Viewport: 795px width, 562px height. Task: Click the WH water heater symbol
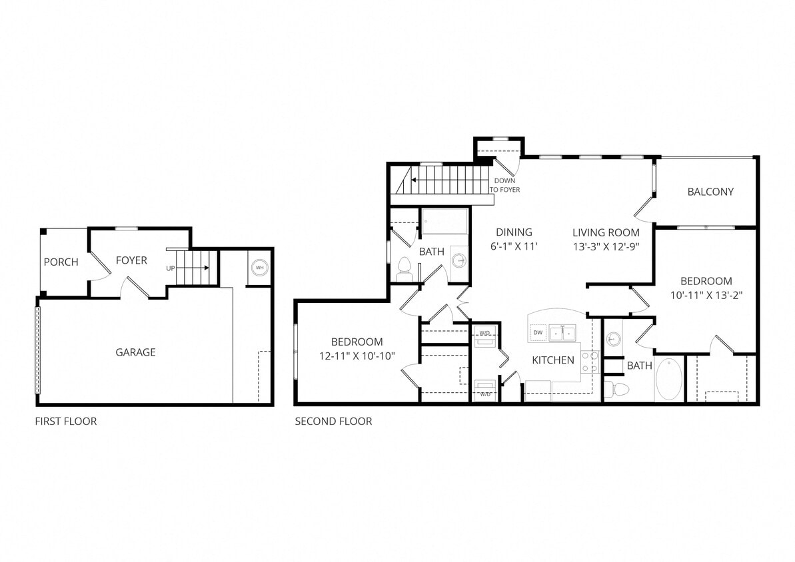click(x=259, y=268)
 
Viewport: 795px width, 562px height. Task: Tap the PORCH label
click(x=61, y=262)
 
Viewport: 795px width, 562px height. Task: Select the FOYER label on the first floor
click(x=131, y=260)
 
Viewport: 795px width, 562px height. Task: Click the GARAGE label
click(x=135, y=352)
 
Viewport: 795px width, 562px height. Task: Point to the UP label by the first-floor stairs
click(x=171, y=268)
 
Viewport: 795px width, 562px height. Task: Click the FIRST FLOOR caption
click(x=65, y=422)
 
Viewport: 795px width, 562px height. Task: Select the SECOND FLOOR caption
click(x=333, y=422)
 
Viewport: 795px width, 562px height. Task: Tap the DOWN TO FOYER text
click(x=504, y=185)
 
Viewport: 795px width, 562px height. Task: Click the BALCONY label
click(x=710, y=192)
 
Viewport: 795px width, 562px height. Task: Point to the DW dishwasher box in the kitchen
click(x=538, y=332)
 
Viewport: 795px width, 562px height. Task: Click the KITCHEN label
click(x=552, y=360)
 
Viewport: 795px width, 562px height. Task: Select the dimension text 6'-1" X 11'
click(x=514, y=246)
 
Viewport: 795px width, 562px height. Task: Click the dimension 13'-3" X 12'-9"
click(x=606, y=246)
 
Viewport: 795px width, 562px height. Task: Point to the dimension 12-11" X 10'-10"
click(x=357, y=356)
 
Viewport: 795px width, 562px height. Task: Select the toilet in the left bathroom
click(x=403, y=269)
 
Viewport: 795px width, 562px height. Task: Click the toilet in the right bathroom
click(x=619, y=389)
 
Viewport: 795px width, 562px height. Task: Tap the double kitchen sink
click(x=563, y=332)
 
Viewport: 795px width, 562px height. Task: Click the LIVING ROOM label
click(x=606, y=232)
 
